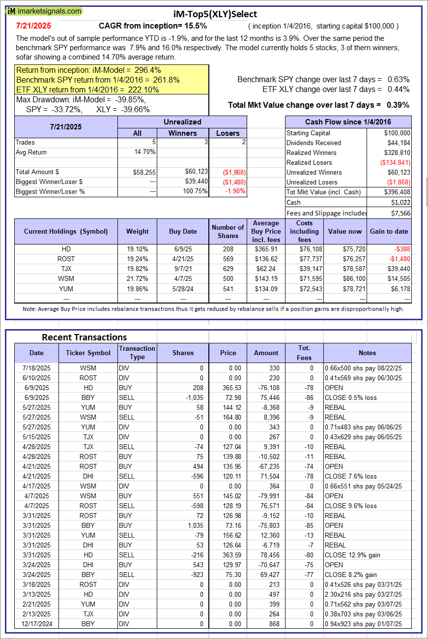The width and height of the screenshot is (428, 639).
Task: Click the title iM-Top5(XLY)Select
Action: tap(215, 14)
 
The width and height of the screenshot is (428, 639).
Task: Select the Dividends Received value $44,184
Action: tap(398, 143)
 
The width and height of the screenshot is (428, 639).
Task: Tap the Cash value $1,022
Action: tap(401, 202)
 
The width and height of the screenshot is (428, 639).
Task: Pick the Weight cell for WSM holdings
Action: tap(137, 278)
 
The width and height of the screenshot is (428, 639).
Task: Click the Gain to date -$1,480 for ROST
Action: tap(398, 259)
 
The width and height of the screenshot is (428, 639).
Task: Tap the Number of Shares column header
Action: tap(228, 231)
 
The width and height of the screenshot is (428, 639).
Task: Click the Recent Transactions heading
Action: tap(84, 337)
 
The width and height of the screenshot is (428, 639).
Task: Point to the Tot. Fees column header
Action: tap(304, 353)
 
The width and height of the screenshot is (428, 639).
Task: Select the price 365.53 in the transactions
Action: tap(228, 388)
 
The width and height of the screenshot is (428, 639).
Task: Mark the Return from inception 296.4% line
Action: tap(89, 70)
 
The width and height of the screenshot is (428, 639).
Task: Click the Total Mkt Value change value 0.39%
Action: tap(399, 105)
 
